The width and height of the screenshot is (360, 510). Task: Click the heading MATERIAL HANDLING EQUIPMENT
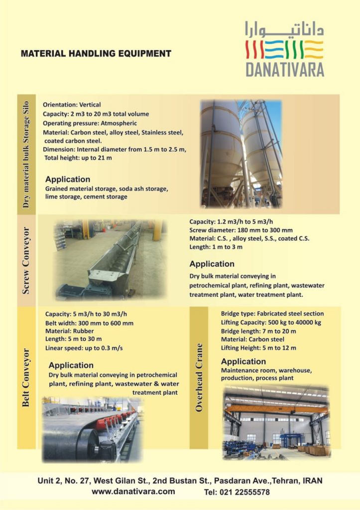96,54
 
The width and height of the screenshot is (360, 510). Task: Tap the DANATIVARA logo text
285,69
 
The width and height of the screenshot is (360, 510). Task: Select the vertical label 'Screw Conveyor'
26,260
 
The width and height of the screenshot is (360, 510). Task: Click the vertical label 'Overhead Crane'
199,377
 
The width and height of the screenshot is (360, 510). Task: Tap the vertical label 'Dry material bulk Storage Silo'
26,154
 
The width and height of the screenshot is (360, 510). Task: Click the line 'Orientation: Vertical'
72,105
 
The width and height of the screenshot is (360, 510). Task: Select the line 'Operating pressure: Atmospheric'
90,123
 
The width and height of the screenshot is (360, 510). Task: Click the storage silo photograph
241,153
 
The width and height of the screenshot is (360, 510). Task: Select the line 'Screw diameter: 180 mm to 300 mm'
241,230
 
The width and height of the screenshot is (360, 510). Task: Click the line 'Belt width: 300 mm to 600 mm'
89,323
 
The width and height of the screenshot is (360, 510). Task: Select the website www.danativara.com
133,492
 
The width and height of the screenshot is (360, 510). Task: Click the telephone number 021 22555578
237,492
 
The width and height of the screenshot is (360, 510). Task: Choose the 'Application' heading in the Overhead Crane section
243,362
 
